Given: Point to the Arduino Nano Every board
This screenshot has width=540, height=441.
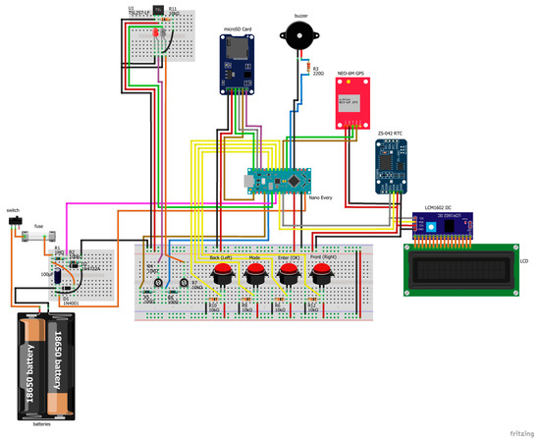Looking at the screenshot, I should click(x=280, y=179).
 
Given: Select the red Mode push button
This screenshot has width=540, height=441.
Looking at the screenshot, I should click(x=256, y=272).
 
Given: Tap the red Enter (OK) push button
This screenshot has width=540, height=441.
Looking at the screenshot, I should click(x=289, y=272).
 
